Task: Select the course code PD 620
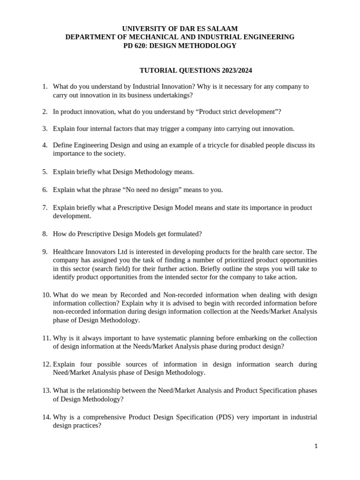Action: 136,45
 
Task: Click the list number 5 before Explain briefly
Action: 45,172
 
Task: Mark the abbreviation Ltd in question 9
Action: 120,251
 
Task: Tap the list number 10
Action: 46,295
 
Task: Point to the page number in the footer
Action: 316,446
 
